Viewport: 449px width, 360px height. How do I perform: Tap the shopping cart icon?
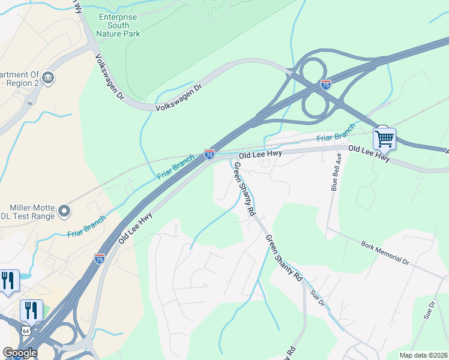[384, 139]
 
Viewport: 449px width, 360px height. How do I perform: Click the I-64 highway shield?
[25, 331]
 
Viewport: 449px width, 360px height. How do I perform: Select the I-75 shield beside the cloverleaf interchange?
[325, 85]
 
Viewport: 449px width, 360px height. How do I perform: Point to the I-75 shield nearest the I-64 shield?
[100, 259]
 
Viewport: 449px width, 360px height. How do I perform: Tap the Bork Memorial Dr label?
[385, 253]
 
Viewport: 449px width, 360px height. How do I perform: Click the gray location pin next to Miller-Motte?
[64, 212]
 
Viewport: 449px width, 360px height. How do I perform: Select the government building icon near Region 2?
[49, 77]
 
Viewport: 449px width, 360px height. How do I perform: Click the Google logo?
[20, 353]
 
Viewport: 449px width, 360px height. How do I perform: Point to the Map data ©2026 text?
[424, 355]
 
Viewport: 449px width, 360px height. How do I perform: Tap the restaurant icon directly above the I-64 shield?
[31, 310]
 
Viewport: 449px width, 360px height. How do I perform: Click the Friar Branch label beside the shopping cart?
[336, 133]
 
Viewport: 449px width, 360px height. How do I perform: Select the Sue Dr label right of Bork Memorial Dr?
[428, 310]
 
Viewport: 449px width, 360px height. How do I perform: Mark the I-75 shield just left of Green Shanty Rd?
[209, 154]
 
